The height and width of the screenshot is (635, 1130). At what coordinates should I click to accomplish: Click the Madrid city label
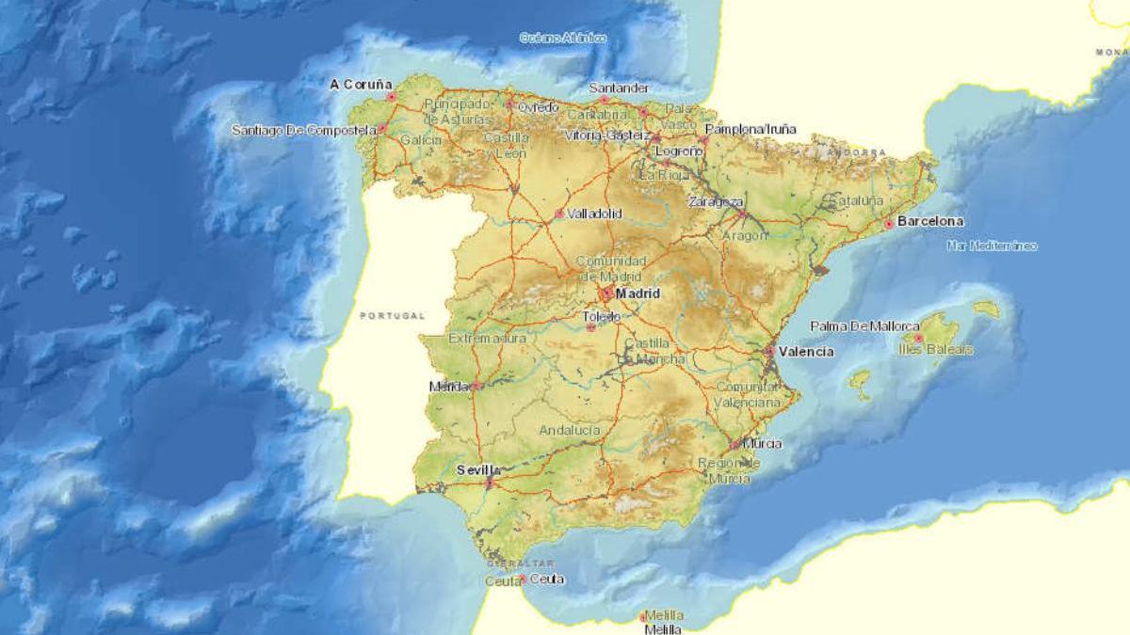[x=638, y=294]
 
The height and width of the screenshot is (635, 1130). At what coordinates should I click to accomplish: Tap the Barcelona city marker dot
[x=888, y=225]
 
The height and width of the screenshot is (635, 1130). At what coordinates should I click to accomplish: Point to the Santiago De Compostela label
[x=304, y=130]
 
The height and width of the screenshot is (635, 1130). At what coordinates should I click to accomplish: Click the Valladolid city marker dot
[x=559, y=214]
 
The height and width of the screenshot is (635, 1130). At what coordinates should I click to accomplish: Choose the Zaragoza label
[x=716, y=201]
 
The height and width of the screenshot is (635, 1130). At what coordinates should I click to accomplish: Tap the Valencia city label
[x=806, y=351]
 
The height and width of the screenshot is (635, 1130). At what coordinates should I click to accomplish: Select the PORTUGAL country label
[x=393, y=316]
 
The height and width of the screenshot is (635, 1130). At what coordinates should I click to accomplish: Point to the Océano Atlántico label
[x=563, y=39]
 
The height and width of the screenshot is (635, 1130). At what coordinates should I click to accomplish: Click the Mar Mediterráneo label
[x=992, y=246]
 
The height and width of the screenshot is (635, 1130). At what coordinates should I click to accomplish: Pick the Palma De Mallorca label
[x=865, y=326]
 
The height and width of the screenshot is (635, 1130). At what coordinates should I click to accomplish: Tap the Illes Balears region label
[x=936, y=350]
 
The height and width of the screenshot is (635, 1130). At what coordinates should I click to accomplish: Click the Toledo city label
[x=602, y=317]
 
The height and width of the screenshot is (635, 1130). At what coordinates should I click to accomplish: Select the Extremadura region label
[x=488, y=338]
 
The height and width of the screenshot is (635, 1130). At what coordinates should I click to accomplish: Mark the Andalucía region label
[x=570, y=430]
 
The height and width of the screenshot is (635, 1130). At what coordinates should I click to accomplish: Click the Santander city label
[x=619, y=88]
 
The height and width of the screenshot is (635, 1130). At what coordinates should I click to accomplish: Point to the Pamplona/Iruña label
[x=750, y=129]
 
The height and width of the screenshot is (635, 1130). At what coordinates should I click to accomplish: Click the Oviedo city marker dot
[x=509, y=105]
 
